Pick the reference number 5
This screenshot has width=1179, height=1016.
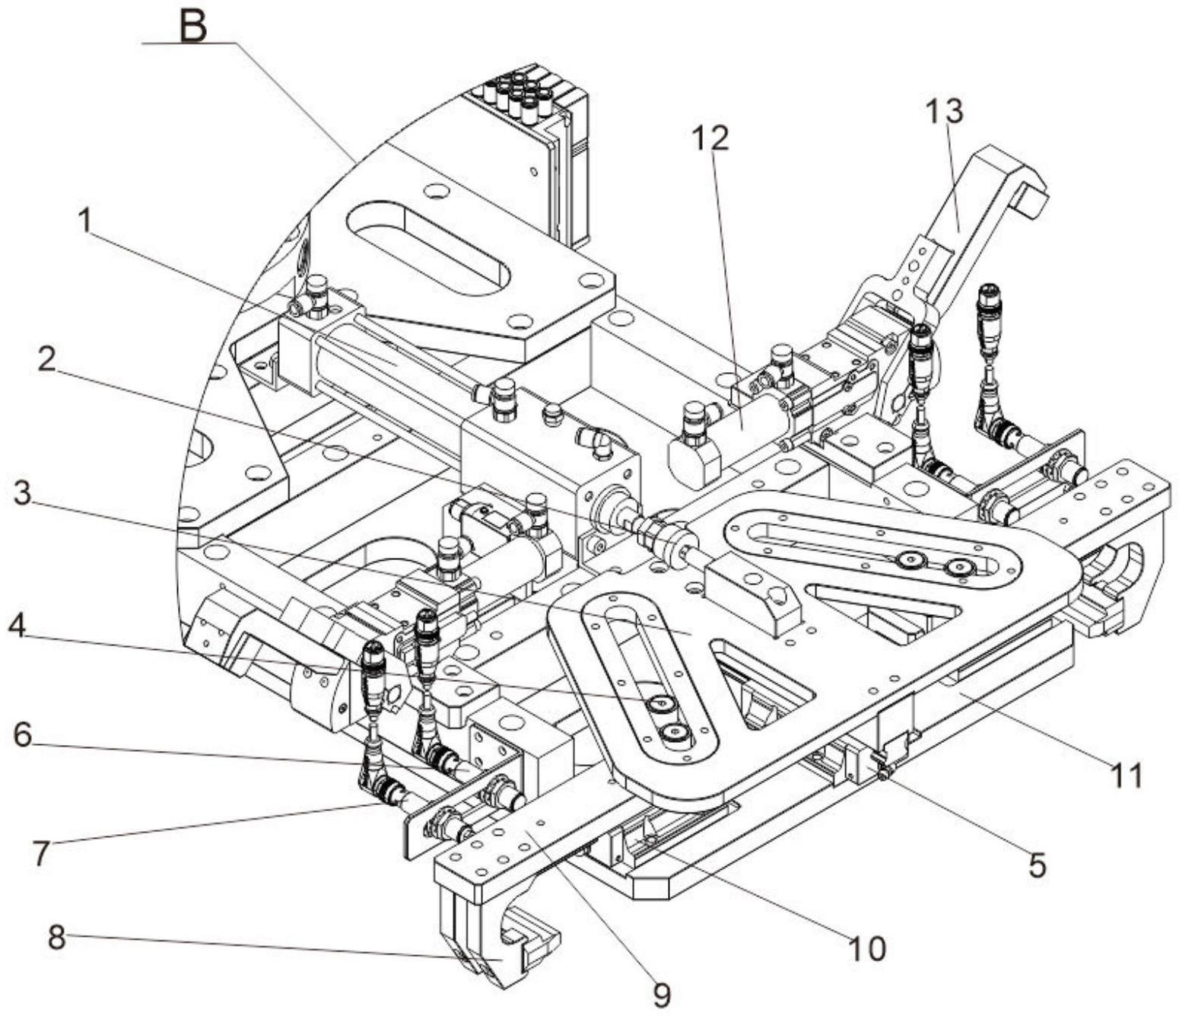[1038, 865]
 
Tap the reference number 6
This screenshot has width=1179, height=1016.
[23, 734]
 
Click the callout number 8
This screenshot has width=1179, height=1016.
[57, 938]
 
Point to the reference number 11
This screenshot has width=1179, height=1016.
[1127, 776]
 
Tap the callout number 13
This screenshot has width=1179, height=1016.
[944, 111]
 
